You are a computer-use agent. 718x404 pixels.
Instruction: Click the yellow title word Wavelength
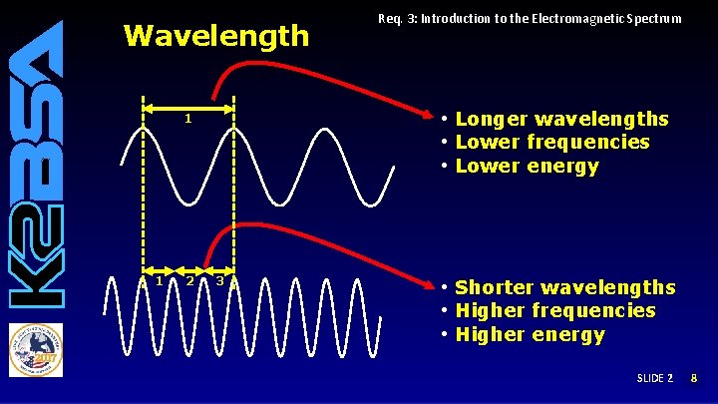click(x=215, y=37)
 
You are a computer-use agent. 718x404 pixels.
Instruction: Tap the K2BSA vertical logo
click(x=37, y=164)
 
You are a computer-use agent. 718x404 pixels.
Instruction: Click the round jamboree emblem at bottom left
click(x=36, y=349)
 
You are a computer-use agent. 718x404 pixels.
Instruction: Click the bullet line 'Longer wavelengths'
click(x=561, y=120)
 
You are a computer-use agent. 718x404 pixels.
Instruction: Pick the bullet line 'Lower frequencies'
click(x=551, y=143)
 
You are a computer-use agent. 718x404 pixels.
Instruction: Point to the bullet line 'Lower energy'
click(x=527, y=167)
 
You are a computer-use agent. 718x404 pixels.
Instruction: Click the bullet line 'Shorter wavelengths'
click(x=564, y=287)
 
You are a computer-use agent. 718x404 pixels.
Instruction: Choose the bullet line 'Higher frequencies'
click(x=554, y=310)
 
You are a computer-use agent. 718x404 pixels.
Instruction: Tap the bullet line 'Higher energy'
click(x=530, y=334)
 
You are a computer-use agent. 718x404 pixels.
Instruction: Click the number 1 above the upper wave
click(x=187, y=120)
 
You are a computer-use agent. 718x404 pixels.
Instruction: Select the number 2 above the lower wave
click(x=189, y=280)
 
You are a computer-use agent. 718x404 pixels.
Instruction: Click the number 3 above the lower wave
click(x=219, y=280)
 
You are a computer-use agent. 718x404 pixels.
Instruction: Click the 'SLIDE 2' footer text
click(x=655, y=379)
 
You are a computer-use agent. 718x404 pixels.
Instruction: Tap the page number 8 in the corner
click(x=695, y=379)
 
